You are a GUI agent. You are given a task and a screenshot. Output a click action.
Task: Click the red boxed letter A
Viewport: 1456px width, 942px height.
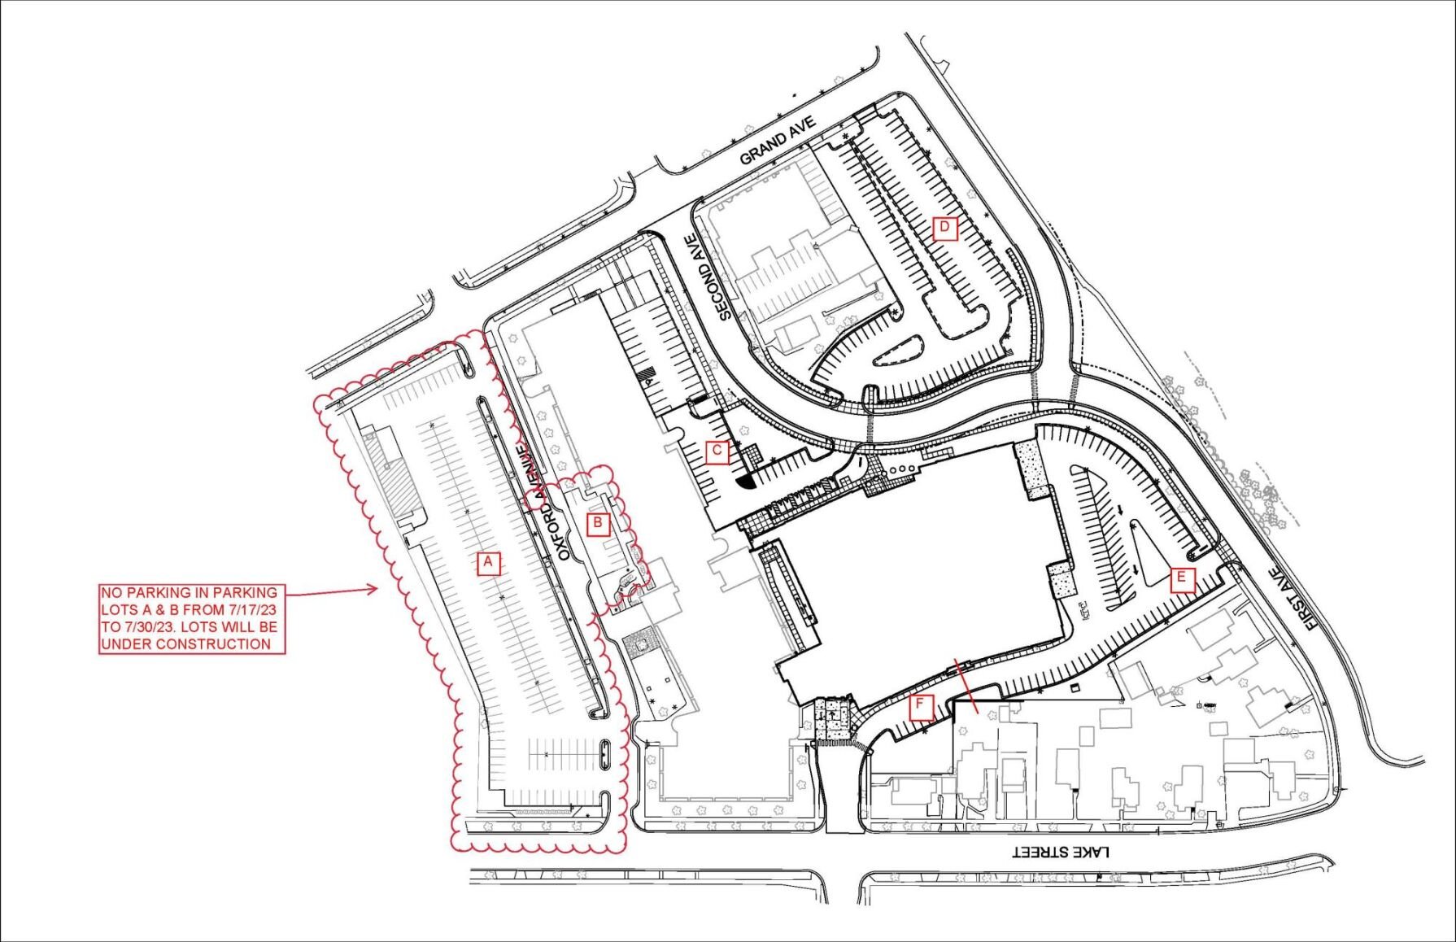[x=488, y=563]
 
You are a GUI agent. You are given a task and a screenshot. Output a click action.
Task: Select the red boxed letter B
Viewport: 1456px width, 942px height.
[x=598, y=523]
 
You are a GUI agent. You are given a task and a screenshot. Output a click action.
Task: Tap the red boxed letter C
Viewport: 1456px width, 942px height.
[x=717, y=451]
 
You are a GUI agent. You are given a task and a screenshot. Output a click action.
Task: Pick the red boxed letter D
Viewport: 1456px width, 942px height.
[x=944, y=228]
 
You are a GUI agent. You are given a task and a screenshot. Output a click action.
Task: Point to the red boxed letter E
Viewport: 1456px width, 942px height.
[x=1182, y=580]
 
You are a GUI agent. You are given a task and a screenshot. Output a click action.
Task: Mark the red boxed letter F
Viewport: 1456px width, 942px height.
[x=921, y=707]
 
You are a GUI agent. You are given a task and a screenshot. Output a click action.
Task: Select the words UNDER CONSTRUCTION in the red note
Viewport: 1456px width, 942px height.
[x=186, y=643]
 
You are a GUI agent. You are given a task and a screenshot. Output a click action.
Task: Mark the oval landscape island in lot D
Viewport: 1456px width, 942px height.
[x=898, y=351]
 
